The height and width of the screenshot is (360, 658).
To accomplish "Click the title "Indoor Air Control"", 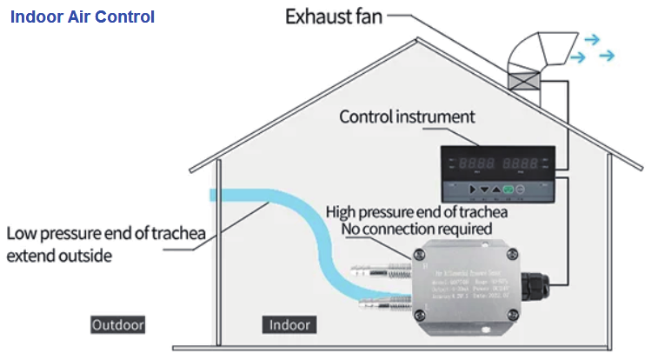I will point(83,17).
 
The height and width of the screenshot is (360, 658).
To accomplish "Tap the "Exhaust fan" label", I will point(334,17).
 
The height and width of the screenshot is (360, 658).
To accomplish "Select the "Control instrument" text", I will point(407,117).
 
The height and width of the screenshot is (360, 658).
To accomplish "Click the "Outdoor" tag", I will point(118,325).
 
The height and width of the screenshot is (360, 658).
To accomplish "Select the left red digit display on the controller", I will point(477,163).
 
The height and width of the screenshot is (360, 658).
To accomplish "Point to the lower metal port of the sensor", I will point(383,303).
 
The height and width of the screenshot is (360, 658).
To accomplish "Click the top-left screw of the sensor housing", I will point(421,253).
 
